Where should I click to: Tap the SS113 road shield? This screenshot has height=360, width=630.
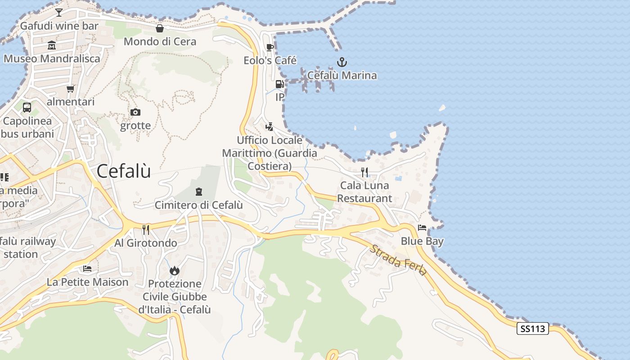click(532, 328)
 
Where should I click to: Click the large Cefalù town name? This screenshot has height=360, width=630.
click(124, 171)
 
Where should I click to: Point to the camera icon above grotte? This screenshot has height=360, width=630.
click(135, 112)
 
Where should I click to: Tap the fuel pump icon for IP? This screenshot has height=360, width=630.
click(279, 84)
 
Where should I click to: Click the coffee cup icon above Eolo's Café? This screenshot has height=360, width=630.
click(270, 47)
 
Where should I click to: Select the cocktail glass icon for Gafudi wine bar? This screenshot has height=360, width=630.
click(59, 12)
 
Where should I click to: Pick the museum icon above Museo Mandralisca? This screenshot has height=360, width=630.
click(52, 45)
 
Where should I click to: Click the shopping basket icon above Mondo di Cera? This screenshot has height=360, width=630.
click(160, 29)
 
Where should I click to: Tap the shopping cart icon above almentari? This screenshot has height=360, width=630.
click(70, 89)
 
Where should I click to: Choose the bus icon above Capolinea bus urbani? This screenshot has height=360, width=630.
click(27, 108)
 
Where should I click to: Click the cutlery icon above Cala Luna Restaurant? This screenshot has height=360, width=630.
click(364, 172)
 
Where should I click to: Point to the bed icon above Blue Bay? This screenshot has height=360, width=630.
click(422, 228)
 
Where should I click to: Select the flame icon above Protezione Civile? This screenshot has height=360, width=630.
click(175, 270)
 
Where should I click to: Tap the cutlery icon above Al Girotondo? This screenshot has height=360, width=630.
click(146, 230)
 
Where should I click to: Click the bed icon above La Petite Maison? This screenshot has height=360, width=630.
click(87, 269)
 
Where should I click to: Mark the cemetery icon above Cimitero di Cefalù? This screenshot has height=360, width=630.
click(198, 192)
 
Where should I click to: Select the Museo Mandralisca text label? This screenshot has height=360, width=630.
click(52, 58)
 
